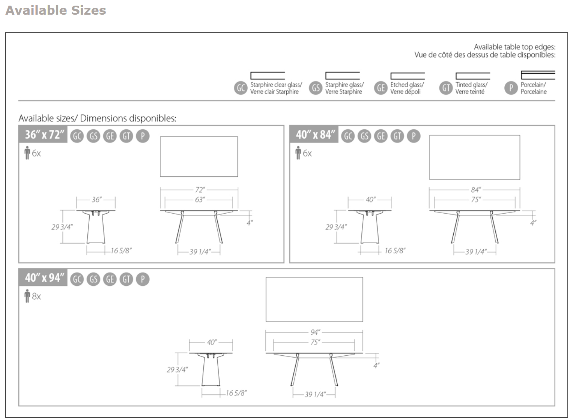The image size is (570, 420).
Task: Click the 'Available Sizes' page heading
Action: [56, 10]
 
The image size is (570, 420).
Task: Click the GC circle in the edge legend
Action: [241, 88]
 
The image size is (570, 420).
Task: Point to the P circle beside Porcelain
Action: [510, 88]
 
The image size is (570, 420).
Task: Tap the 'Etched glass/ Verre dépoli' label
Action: [407, 88]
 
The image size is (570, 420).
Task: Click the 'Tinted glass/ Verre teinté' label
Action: [471, 88]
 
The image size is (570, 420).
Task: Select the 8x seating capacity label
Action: [36, 296]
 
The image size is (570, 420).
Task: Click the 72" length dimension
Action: [200, 190]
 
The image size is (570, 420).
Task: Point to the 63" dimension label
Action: [200, 200]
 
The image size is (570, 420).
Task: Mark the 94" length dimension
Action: [315, 332]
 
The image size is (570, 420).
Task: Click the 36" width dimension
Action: [96, 200]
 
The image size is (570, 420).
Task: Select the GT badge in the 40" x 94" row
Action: [126, 279]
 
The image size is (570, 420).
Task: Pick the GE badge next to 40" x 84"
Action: [381, 136]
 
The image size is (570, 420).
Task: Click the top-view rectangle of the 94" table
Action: [314, 299]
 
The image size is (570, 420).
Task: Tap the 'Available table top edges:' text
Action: [514, 47]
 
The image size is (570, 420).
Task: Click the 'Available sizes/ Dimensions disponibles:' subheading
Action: [97, 118]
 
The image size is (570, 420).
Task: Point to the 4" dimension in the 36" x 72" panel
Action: [250, 223]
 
